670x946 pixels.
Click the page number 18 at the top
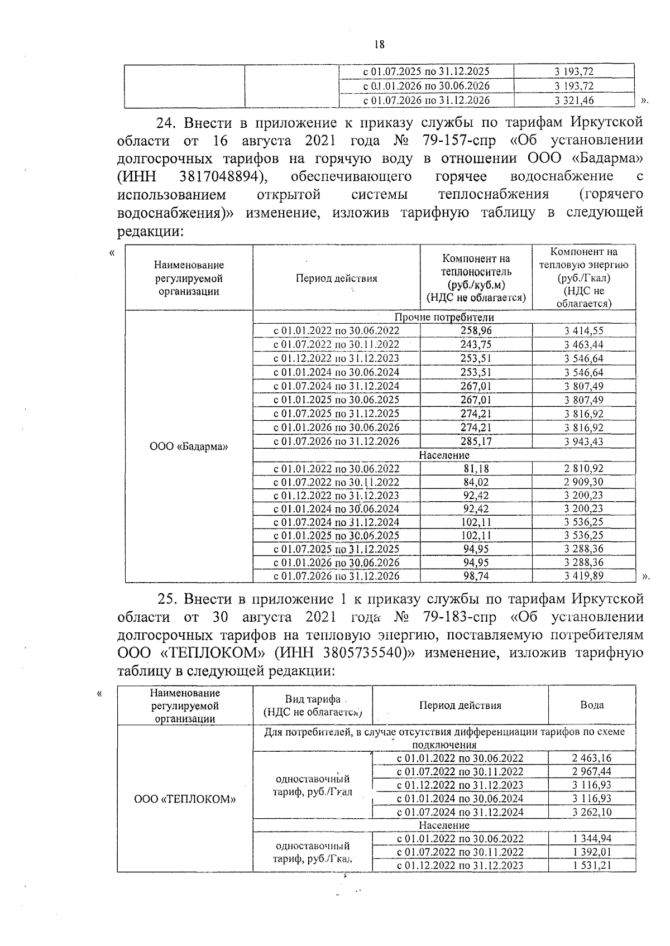tap(379, 45)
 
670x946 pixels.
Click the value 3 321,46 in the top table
tap(574, 100)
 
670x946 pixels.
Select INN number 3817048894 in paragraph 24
tap(222, 176)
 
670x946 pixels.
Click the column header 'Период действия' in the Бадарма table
tap(336, 278)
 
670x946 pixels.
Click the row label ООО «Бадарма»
tap(189, 447)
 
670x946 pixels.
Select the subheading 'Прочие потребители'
tap(444, 317)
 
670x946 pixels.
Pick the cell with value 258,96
tap(476, 330)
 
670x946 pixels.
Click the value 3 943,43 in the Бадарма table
tap(583, 441)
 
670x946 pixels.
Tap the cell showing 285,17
tap(476, 441)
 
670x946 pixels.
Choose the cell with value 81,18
tap(476, 468)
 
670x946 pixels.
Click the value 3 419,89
tap(583, 575)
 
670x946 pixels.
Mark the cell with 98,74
tap(476, 575)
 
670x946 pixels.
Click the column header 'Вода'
tap(592, 705)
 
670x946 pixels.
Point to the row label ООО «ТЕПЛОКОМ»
tap(185, 799)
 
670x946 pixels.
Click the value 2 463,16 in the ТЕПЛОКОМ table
tap(592, 758)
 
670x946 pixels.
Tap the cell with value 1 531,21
tap(592, 865)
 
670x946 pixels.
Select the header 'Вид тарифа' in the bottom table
tap(313, 700)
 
